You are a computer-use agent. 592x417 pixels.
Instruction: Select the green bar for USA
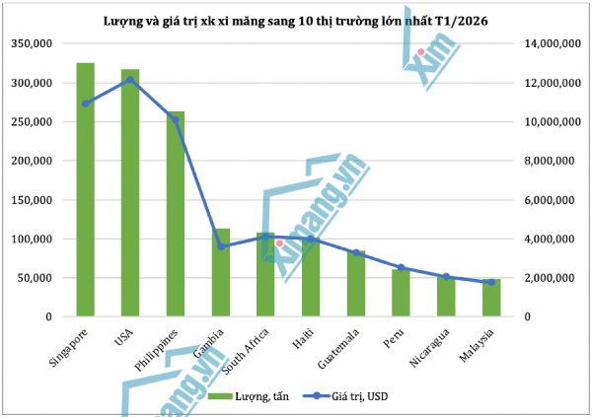click(x=130, y=192)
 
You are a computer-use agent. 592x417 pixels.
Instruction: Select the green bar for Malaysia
click(x=491, y=298)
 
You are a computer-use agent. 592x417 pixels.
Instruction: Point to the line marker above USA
click(x=130, y=80)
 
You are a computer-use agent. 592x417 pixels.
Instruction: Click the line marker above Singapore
click(x=86, y=104)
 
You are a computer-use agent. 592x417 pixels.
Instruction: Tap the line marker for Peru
click(x=402, y=267)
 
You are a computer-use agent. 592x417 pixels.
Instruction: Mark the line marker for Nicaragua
click(x=446, y=276)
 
